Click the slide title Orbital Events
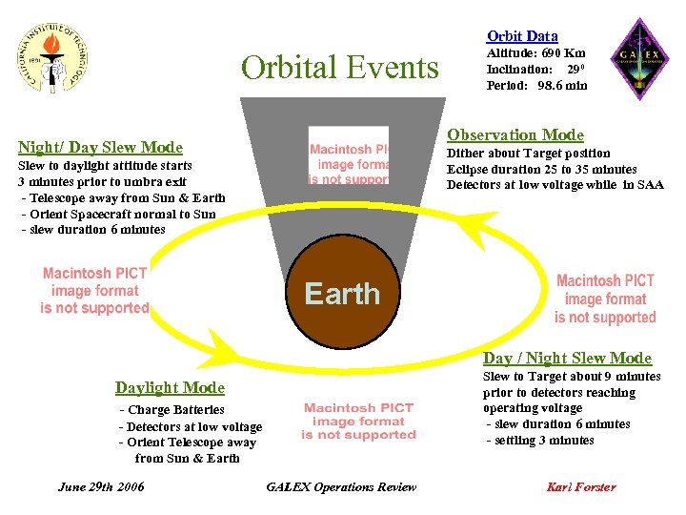pyautogui.click(x=340, y=69)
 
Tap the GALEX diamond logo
pyautogui.click(x=638, y=59)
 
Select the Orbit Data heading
pyautogui.click(x=522, y=36)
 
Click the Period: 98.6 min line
pyautogui.click(x=536, y=85)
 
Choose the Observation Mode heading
pyautogui.click(x=515, y=135)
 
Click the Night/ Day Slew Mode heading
pyautogui.click(x=100, y=147)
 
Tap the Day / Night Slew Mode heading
pyautogui.click(x=567, y=358)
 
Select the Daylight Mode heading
pyautogui.click(x=170, y=387)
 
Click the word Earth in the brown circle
pyautogui.click(x=342, y=294)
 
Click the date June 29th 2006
pyautogui.click(x=101, y=486)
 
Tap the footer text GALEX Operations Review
pyautogui.click(x=341, y=486)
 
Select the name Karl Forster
pyautogui.click(x=580, y=486)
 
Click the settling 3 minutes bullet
pyautogui.click(x=540, y=440)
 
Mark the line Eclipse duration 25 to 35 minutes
pyautogui.click(x=541, y=169)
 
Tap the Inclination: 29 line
pyautogui.click(x=535, y=70)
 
